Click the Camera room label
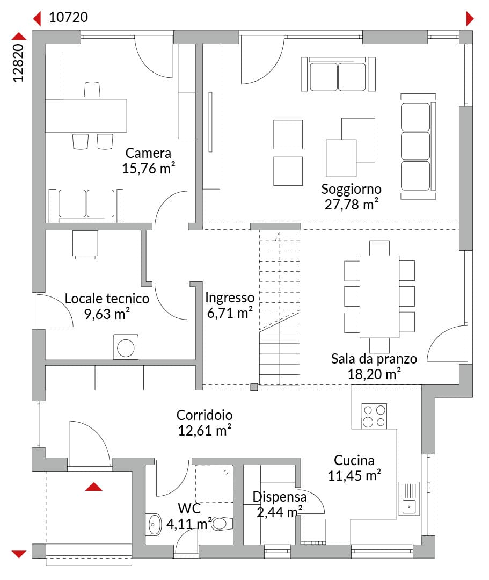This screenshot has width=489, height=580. coord(148,153)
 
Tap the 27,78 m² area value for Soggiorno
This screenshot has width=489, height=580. coord(351,204)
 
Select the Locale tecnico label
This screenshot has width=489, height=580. coord(107,299)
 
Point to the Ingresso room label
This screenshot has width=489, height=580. coord(230,298)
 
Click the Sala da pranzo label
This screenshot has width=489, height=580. coord(374,359)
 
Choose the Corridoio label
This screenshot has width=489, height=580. coord(205,415)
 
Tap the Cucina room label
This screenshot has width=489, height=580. coord(354,460)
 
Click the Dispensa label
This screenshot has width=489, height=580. coord(280,497)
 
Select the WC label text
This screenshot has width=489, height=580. coord(189,509)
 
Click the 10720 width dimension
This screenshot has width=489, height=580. coord(68,17)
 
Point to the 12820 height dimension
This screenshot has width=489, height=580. coord(18,63)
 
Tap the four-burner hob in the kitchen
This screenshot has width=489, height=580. coord(374,416)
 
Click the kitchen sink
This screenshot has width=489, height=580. coord(409,498)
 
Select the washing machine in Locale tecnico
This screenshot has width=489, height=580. coord(126,347)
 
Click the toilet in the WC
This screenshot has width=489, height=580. coord(222,524)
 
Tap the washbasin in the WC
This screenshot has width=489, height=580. coord(154,525)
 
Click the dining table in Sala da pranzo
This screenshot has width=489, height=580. coord(379,296)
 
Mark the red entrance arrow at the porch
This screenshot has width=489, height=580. coord(93,487)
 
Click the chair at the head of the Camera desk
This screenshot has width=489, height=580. coord(92,90)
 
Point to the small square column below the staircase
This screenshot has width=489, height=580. coord(254,387)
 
